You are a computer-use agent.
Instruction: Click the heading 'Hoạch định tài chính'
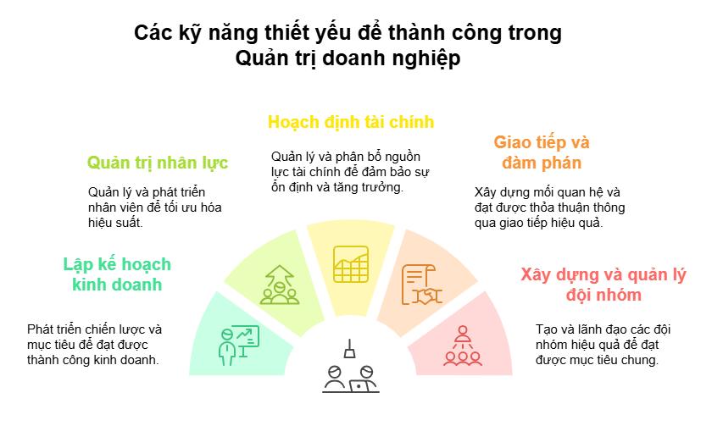[351, 122]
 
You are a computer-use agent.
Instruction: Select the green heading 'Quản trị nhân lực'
[158, 162]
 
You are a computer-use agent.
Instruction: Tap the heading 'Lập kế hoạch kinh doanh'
[117, 274]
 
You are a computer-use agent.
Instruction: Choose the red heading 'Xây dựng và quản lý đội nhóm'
[603, 285]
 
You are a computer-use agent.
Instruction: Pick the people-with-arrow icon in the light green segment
[278, 285]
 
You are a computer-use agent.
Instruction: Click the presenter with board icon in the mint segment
[237, 344]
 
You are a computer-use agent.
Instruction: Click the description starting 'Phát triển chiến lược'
[94, 345]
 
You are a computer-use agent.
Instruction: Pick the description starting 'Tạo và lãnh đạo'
[598, 345]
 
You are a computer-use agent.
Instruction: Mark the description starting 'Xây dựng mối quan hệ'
[549, 207]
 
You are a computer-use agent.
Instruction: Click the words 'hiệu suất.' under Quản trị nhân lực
[115, 224]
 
